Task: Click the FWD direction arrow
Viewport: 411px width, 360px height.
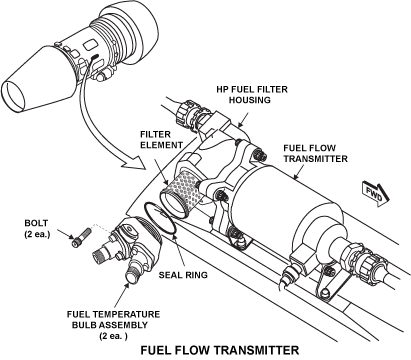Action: click(x=375, y=194)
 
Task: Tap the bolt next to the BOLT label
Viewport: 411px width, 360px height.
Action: click(x=81, y=237)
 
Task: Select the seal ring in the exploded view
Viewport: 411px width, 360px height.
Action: click(x=160, y=218)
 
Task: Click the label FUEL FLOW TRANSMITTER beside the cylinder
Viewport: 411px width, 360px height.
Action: click(x=315, y=153)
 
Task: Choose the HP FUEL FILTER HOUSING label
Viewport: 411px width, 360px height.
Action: click(x=252, y=95)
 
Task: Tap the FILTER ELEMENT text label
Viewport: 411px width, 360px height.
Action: click(x=161, y=140)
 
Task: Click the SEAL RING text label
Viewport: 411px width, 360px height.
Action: click(x=183, y=275)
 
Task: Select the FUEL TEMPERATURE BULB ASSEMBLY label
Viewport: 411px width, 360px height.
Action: click(x=113, y=325)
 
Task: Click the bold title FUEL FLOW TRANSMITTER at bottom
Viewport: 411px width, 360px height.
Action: click(x=220, y=351)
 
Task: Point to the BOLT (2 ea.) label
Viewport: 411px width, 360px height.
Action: click(x=37, y=228)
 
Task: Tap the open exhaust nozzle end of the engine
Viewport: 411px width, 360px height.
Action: click(x=13, y=96)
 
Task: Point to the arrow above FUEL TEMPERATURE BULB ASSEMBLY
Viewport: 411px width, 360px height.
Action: click(x=122, y=295)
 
